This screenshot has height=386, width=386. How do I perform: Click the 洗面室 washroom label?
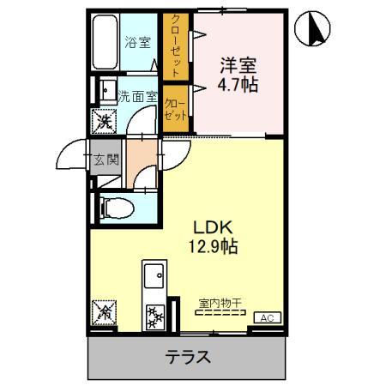136,97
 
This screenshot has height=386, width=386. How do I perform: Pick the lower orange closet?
176,107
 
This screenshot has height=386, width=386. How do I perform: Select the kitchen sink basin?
156,278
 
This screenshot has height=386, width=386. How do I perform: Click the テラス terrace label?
188,356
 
